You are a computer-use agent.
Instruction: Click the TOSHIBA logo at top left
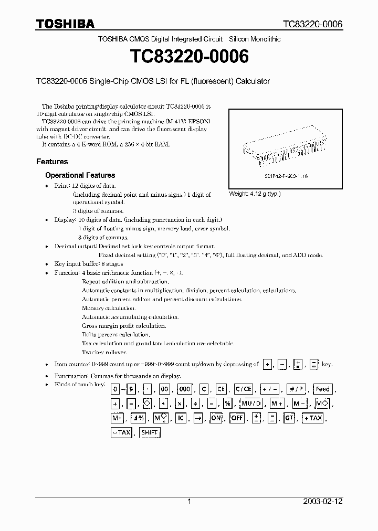click(x=65, y=24)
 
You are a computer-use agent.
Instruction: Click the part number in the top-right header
click(x=312, y=24)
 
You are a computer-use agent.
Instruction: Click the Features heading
click(x=52, y=162)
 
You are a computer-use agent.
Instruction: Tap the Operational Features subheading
click(x=80, y=175)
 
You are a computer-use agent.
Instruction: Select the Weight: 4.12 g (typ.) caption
click(x=255, y=194)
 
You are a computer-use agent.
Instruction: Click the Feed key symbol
click(x=322, y=389)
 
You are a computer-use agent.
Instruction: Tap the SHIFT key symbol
click(x=150, y=432)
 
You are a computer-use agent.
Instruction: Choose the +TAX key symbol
click(x=312, y=418)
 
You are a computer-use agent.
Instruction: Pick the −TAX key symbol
click(x=121, y=432)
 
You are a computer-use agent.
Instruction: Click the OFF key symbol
click(x=237, y=418)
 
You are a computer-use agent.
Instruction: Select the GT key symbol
click(x=289, y=418)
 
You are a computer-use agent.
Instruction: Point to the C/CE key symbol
click(x=244, y=389)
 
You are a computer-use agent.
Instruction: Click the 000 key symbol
click(x=184, y=389)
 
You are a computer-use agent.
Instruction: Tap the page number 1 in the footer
click(x=189, y=502)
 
